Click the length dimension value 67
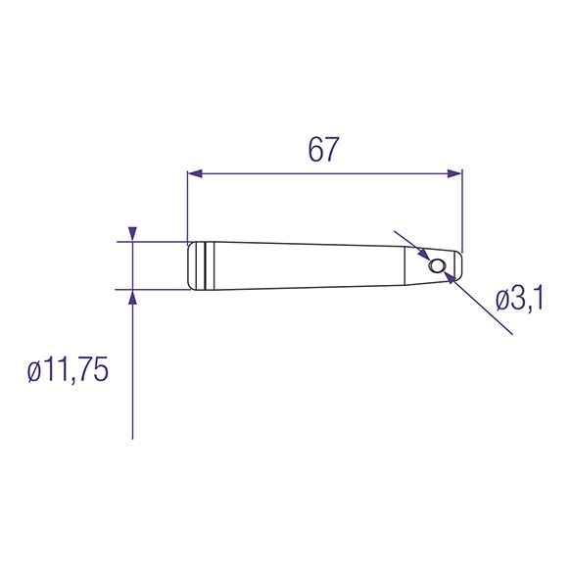[x=323, y=150]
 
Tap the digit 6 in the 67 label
[x=314, y=150]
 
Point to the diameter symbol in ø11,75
[x=35, y=372]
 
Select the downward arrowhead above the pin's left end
[x=133, y=235]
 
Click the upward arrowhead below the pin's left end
[x=133, y=297]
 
